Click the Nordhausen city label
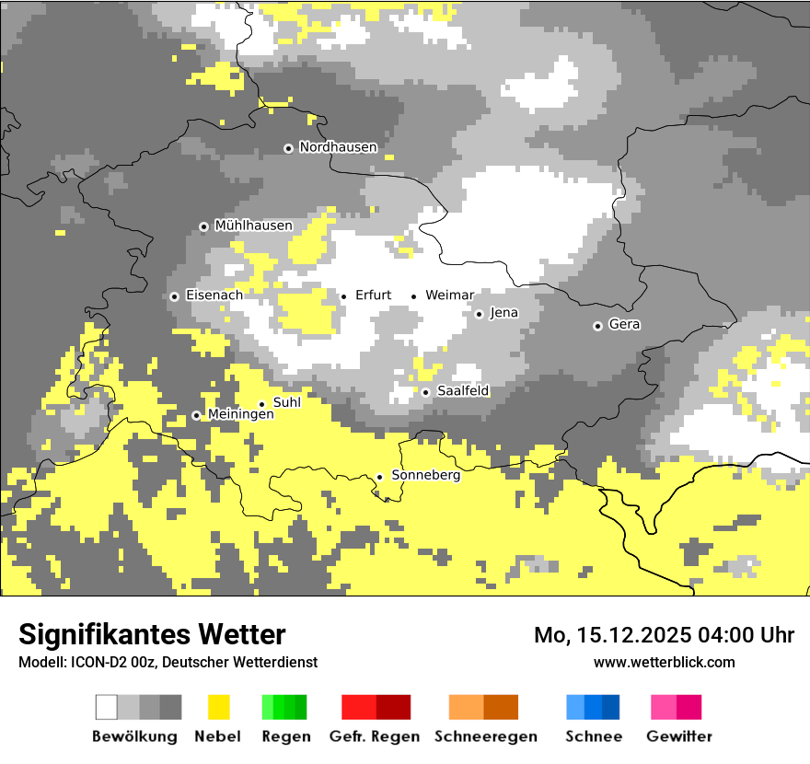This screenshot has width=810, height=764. [x=338, y=147]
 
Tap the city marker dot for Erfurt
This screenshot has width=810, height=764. [x=343, y=296]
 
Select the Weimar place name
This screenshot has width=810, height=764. [x=449, y=295]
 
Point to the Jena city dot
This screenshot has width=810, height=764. [x=479, y=314]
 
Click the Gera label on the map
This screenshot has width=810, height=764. [x=624, y=325]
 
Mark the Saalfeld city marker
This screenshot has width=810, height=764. [x=425, y=392]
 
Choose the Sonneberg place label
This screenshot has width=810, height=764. [x=425, y=476]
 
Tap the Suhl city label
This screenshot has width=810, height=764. [x=286, y=402]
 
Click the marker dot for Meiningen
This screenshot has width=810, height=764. [x=196, y=415]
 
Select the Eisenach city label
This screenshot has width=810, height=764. [x=214, y=295]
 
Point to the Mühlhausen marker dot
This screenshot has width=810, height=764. [x=203, y=226]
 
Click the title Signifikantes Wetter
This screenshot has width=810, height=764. [x=152, y=634]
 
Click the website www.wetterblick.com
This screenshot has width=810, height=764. [x=664, y=662]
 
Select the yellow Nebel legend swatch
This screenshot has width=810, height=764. [x=218, y=707]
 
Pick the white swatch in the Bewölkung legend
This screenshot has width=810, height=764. [x=106, y=707]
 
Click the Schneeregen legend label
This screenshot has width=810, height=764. [x=485, y=736]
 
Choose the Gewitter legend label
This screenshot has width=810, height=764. [x=678, y=736]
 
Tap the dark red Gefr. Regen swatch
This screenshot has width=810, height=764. [x=393, y=707]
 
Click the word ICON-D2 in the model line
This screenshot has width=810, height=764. [x=93, y=663]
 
